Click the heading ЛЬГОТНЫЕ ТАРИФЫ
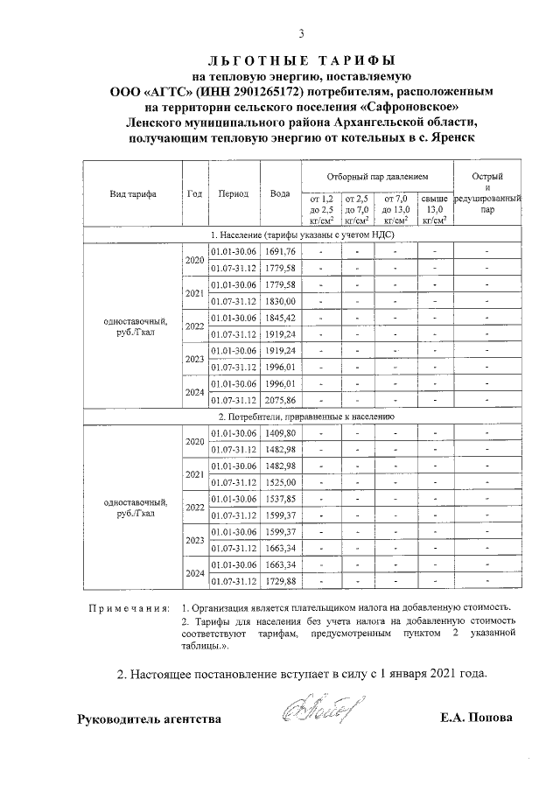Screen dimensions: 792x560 302,60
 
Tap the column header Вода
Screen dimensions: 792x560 280,194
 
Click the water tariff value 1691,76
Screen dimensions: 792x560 281,252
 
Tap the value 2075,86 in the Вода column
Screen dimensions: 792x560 281,401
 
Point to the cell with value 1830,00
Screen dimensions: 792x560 281,301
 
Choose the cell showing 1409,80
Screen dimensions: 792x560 281,433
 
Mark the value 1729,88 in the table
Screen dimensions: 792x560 281,581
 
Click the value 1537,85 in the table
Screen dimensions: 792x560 281,499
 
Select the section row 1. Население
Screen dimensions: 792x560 302,235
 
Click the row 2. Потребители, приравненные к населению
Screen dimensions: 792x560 302,417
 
